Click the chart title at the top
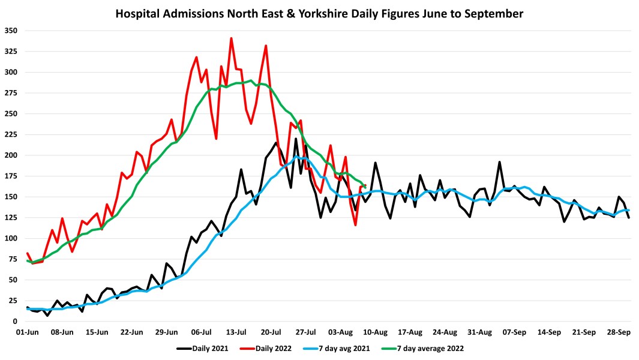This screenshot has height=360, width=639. tap(319, 13)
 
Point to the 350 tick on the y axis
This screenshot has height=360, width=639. tap(12, 31)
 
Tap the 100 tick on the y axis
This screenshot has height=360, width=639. tap(12, 238)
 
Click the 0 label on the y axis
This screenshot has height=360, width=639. tap(16, 322)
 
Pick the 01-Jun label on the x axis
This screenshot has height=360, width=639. tap(28, 332)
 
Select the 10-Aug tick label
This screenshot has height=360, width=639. tap(377, 332)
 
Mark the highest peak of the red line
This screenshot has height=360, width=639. tap(232, 38)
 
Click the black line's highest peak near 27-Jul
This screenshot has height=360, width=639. tap(296, 139)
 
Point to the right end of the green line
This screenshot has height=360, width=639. tap(365, 186)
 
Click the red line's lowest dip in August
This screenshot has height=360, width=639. tap(356, 225)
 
